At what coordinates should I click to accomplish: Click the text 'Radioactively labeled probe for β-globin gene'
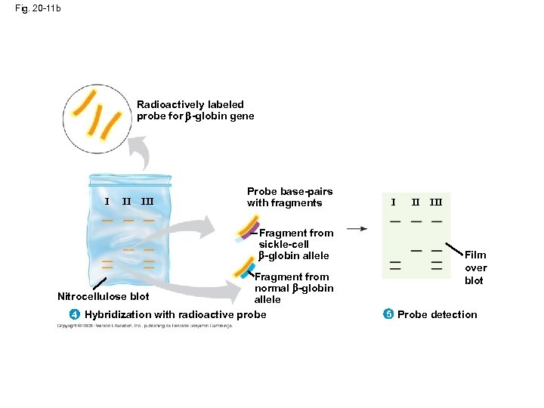(x=195, y=110)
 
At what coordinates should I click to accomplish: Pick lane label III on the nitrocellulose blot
(x=148, y=202)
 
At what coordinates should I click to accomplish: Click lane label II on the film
(x=416, y=202)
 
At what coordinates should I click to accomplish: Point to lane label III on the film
(x=436, y=202)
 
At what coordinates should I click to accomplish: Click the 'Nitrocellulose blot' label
(x=103, y=296)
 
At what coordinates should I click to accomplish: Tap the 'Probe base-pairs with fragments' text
(x=289, y=197)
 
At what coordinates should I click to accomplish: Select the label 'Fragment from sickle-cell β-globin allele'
(x=295, y=244)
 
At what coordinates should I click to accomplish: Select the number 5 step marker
(x=388, y=314)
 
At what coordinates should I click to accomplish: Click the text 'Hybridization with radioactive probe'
(x=175, y=314)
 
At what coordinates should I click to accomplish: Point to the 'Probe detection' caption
(x=437, y=314)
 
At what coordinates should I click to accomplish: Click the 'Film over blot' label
(x=475, y=267)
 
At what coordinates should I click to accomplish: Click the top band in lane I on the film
(x=395, y=221)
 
